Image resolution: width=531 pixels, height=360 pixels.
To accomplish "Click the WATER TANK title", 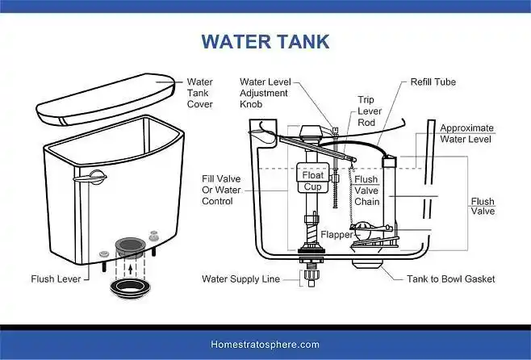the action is (265, 42).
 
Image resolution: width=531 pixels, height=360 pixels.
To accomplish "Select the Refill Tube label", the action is (433, 82).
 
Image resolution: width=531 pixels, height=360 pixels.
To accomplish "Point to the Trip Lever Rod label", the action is (370, 111).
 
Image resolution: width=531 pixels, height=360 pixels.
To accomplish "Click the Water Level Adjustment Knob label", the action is (265, 93).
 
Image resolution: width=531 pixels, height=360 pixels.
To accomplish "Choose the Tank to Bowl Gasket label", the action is (451, 279).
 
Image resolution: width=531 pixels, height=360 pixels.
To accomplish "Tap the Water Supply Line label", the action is (240, 279).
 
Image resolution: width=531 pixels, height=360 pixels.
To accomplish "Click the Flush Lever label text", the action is (56, 279).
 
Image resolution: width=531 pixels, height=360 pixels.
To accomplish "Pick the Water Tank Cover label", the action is (200, 93).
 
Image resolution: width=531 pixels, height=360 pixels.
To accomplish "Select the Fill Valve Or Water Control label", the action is (221, 190).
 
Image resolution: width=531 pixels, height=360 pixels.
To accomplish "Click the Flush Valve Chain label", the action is (366, 190).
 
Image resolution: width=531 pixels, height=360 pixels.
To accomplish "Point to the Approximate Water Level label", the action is (466, 133).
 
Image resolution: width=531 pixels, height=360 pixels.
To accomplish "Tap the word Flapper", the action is (337, 235).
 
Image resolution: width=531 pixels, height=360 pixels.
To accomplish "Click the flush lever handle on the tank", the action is (90, 178).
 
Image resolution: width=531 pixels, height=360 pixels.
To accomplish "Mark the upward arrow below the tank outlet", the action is (131, 269).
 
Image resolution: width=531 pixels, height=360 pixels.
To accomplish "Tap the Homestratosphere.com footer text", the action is (265, 345).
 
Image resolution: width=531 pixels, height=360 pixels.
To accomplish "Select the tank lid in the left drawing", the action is (105, 99).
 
